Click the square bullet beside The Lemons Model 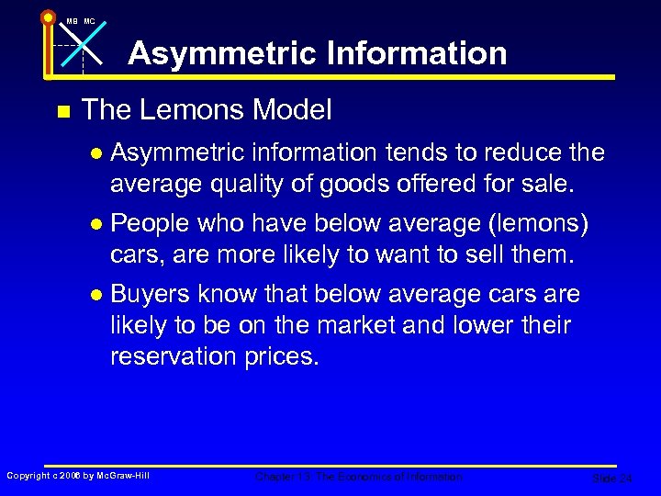tap(62, 112)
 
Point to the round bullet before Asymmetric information tap(97, 152)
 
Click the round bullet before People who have tap(97, 224)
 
